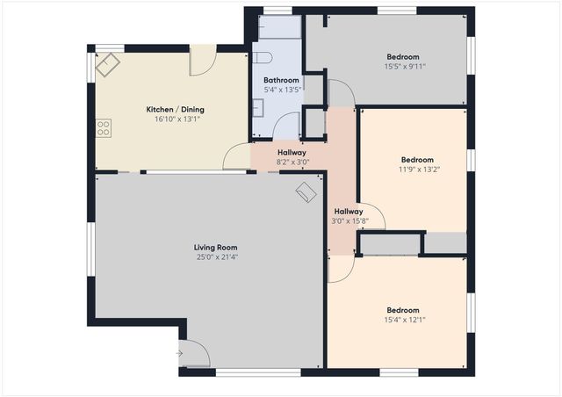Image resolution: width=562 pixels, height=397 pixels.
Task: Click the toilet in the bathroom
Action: point(263,58)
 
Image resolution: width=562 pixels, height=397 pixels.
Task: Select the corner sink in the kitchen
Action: point(110,64)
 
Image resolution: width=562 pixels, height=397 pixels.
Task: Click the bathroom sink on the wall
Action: point(257,108)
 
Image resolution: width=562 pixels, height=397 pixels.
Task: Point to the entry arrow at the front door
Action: point(179,354)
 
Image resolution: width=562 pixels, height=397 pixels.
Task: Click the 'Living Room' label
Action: point(216,248)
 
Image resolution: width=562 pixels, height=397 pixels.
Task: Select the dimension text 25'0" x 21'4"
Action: point(216,257)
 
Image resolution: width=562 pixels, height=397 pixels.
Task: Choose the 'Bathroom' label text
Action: point(282,80)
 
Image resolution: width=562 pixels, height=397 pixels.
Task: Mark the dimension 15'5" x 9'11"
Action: point(405,66)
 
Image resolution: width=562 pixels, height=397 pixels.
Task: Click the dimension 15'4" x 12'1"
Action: point(405,320)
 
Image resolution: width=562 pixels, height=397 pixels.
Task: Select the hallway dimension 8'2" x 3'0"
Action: point(291,162)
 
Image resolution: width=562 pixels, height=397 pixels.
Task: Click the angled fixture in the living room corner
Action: point(306,192)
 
